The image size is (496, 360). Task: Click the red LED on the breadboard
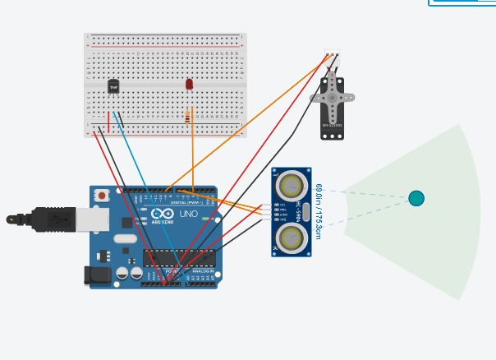pyautogui.click(x=189, y=84)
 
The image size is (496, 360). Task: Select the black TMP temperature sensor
pyautogui.click(x=113, y=86)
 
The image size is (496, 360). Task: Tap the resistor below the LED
pyautogui.click(x=188, y=117)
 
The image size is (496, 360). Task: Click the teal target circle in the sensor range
pyautogui.click(x=416, y=198)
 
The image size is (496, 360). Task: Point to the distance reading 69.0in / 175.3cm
pyautogui.click(x=317, y=211)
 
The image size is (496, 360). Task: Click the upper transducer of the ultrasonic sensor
pyautogui.click(x=291, y=185)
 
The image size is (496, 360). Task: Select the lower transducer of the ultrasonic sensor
pyautogui.click(x=291, y=238)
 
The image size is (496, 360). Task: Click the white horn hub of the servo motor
pyautogui.click(x=332, y=97)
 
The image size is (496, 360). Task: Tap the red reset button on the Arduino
pyautogui.click(x=102, y=196)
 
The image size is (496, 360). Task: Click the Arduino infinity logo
pyautogui.click(x=162, y=214)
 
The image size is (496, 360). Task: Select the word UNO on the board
pyautogui.click(x=189, y=214)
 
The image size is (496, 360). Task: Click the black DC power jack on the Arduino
pyautogui.click(x=97, y=275)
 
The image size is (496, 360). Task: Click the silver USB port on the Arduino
pyautogui.click(x=92, y=219)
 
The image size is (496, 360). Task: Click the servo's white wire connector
pyautogui.click(x=332, y=59)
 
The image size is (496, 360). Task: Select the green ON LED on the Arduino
pyautogui.click(x=204, y=219)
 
